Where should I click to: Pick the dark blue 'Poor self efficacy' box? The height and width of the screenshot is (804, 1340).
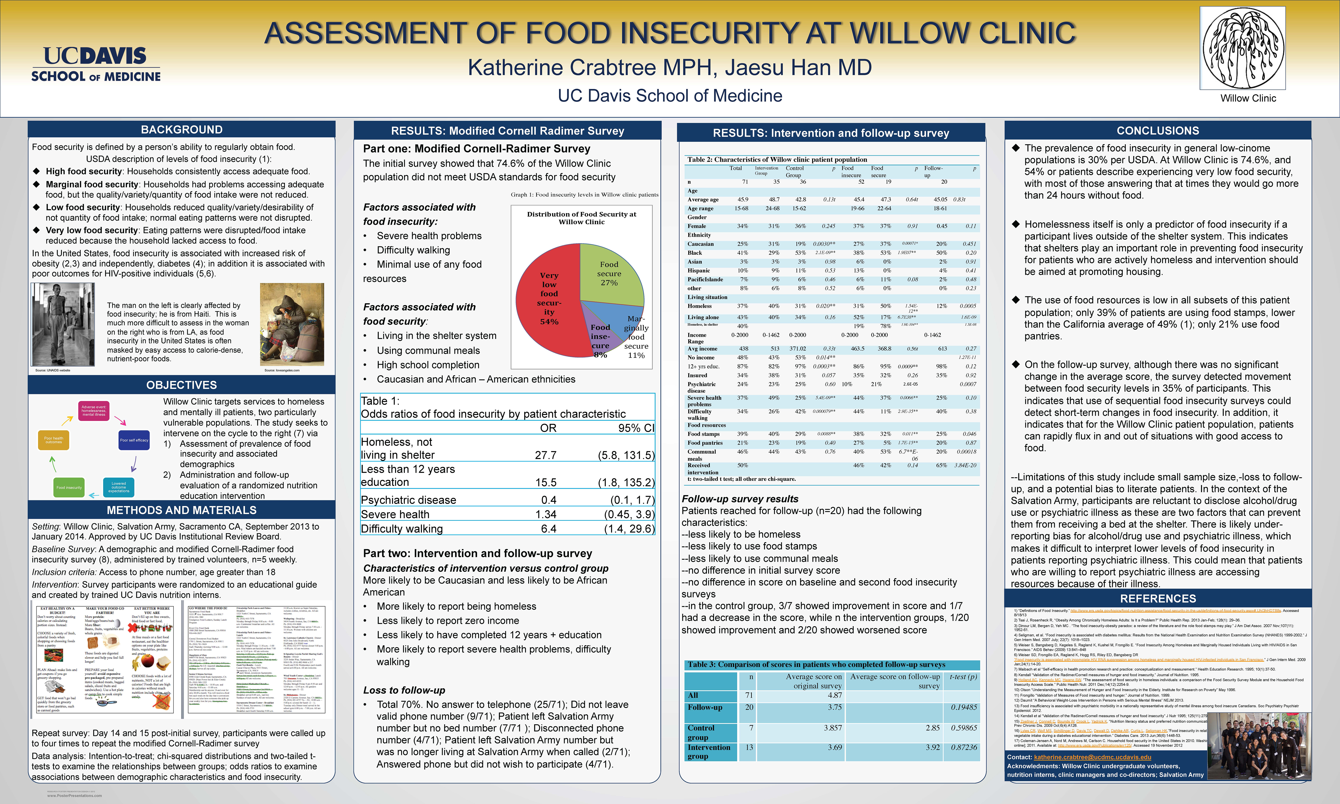134,440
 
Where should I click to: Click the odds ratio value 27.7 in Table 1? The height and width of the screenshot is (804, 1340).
545,455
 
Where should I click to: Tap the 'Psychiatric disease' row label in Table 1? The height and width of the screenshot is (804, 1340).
408,500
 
